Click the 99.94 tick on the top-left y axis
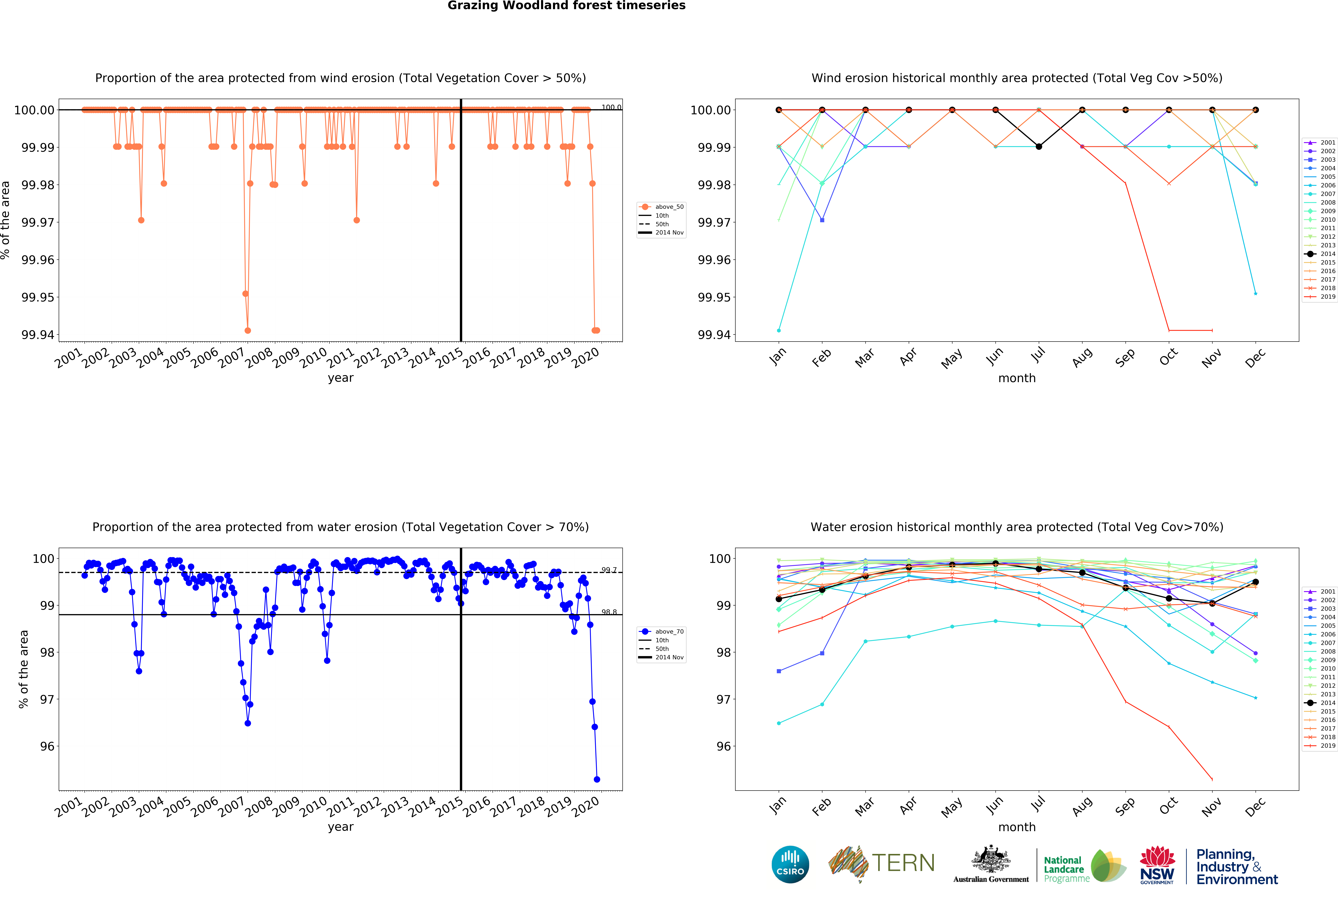(x=38, y=335)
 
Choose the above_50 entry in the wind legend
(x=668, y=207)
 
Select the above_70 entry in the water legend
(x=668, y=632)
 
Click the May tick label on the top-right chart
(x=952, y=358)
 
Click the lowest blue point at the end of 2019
(x=597, y=779)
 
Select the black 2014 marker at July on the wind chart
(x=1039, y=147)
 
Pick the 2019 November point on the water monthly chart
(x=1212, y=779)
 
